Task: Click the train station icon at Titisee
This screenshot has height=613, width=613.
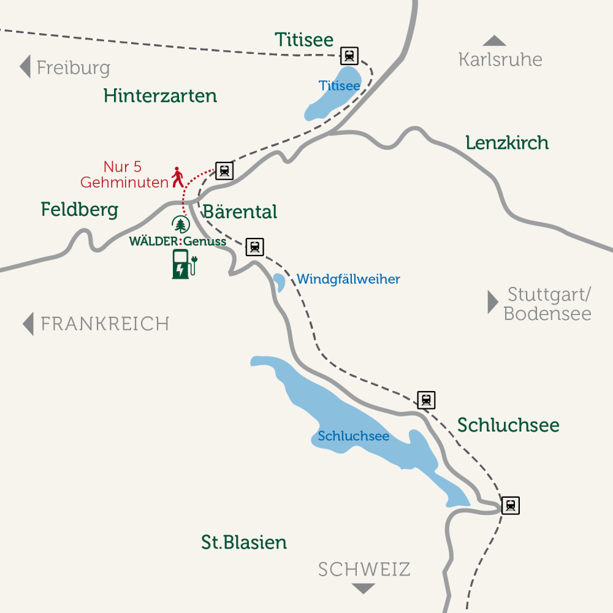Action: [349, 56]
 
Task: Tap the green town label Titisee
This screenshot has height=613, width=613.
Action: [304, 40]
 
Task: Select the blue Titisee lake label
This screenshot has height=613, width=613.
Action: [339, 86]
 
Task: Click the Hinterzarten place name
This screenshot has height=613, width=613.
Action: [160, 96]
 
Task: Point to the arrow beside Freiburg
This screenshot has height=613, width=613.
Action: [25, 66]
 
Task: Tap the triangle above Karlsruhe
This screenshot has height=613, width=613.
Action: [494, 41]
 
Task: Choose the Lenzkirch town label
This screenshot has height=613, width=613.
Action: [507, 143]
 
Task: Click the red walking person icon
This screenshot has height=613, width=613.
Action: [178, 177]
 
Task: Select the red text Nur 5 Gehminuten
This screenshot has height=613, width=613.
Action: [124, 175]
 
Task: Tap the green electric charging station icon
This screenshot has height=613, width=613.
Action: [183, 264]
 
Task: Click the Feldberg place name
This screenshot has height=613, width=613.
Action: [80, 210]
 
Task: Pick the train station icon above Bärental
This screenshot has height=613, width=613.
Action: [224, 170]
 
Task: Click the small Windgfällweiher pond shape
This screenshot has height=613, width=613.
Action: [279, 282]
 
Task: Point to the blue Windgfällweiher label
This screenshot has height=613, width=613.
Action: [348, 280]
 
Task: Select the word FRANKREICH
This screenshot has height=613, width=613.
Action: [104, 324]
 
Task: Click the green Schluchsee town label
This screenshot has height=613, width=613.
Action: [508, 425]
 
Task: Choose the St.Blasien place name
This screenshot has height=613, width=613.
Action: [244, 543]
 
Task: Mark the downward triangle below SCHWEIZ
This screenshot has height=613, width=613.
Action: [364, 588]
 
